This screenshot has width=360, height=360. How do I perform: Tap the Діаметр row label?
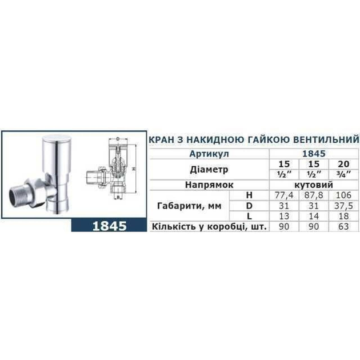[208, 169]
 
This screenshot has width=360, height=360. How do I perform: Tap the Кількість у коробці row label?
[206, 227]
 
